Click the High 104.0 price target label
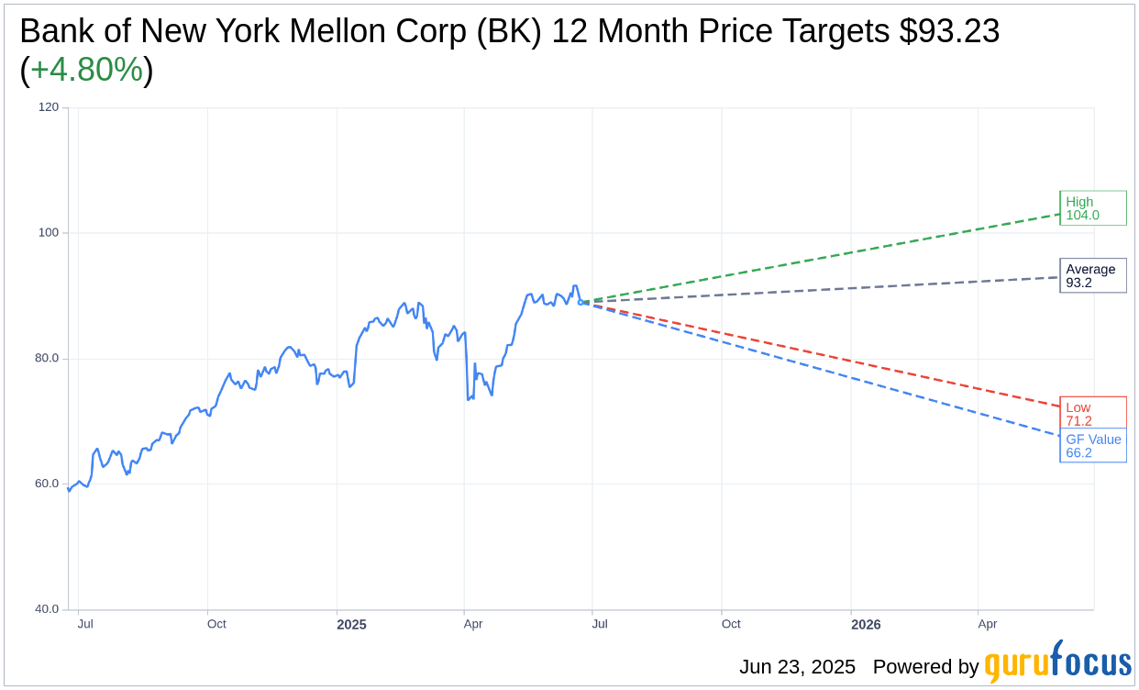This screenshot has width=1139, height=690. pos(1092,208)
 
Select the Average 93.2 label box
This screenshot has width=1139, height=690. pos(1092,275)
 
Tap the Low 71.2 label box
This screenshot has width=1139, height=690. pos(1092,414)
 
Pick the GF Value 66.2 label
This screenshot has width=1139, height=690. pos(1092,446)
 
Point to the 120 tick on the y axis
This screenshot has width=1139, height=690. pos(48,107)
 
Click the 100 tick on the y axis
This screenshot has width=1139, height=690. pos(48,233)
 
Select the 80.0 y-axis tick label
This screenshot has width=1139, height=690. pos(47,359)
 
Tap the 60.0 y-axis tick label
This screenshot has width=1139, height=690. pos(47,484)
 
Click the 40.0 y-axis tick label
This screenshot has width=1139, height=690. pos(47,609)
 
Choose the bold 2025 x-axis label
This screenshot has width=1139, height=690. pos(351,625)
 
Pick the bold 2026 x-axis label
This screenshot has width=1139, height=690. pos(865,625)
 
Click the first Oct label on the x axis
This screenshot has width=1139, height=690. pos(216,624)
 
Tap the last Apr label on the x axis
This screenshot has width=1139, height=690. pos(987,624)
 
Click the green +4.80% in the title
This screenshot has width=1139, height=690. pos(86,70)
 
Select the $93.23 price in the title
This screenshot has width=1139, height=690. pos(949,31)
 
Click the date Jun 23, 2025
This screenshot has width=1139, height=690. pos(796,667)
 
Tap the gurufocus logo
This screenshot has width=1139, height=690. pos(1057,662)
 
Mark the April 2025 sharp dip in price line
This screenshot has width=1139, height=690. pos(469,398)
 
